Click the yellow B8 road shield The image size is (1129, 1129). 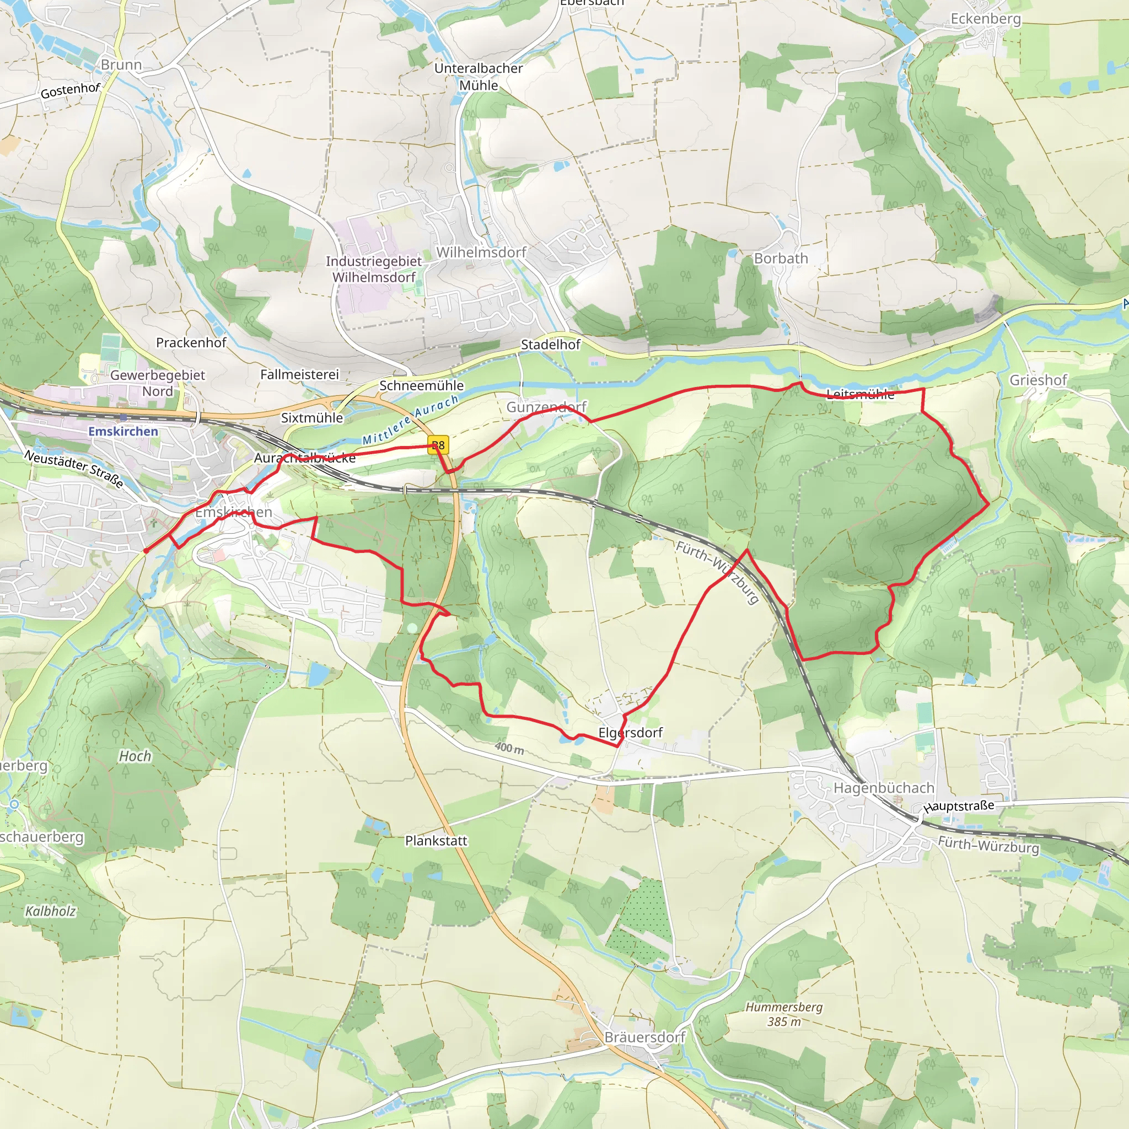point(438,445)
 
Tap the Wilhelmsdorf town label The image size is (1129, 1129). point(481,252)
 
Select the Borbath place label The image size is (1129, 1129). point(781,259)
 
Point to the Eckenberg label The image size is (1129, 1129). point(985,19)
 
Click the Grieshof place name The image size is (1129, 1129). point(1038,380)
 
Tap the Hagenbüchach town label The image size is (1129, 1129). point(884,788)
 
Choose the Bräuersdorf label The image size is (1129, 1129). point(644,1037)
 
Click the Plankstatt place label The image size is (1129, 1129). point(436,840)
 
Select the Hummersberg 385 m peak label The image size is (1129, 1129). point(784,1014)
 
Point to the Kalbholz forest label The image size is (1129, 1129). point(50,911)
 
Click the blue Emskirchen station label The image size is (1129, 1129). point(123,431)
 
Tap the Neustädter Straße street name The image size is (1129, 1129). point(74,469)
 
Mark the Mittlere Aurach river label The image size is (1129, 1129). point(410,420)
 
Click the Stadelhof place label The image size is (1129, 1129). point(551,344)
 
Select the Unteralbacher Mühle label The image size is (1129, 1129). point(478,77)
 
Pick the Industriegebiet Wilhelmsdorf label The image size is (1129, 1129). point(374,269)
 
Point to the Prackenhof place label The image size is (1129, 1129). point(191,342)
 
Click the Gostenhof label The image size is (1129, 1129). point(70,90)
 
